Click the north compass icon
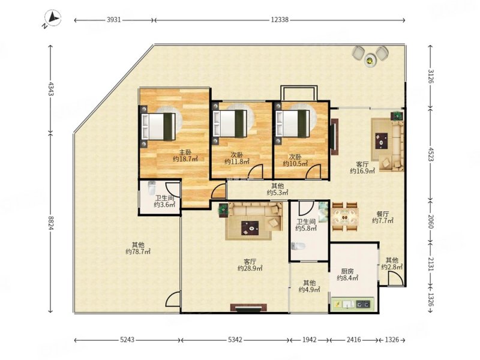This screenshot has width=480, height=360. coord(53,18)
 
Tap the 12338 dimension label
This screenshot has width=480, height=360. coord(280,20)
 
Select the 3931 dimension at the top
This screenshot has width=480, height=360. coord(113,20)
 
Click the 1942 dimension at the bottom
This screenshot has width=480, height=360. coord(309,340)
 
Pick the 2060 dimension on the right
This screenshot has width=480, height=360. coord(430,221)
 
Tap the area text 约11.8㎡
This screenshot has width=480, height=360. coord(236,161)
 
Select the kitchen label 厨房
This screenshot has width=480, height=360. coord(347,271)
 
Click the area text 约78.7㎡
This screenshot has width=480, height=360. coord(138,251)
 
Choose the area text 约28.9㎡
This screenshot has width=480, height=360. coord(250,268)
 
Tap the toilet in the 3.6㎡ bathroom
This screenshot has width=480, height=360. coord(152,188)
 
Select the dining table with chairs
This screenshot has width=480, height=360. coord(345,217)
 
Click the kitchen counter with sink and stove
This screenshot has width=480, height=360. coord(353,304)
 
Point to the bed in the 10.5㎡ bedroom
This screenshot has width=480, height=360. coord(293,124)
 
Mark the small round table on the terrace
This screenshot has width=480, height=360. coord(370,60)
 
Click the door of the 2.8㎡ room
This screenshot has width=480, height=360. coord(394,278)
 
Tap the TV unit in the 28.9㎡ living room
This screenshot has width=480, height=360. coord(248,308)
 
